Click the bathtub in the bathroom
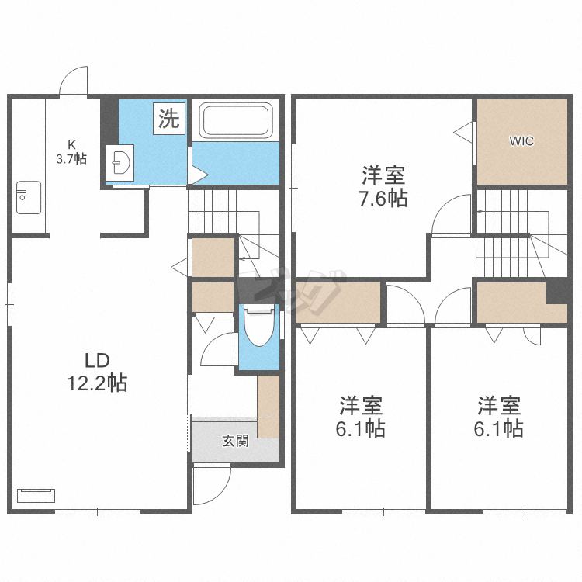[235, 120]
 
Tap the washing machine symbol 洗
[169, 119]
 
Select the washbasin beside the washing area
[120, 163]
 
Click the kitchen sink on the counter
[29, 197]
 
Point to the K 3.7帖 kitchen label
[71, 152]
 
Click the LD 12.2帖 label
[97, 372]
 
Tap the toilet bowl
[259, 325]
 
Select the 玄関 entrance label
[235, 441]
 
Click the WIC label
[521, 141]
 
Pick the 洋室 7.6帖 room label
[383, 186]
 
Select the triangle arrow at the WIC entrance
[462, 133]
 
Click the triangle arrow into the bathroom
[200, 175]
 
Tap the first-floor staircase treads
[213, 212]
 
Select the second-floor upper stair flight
[502, 212]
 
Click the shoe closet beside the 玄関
[268, 407]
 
